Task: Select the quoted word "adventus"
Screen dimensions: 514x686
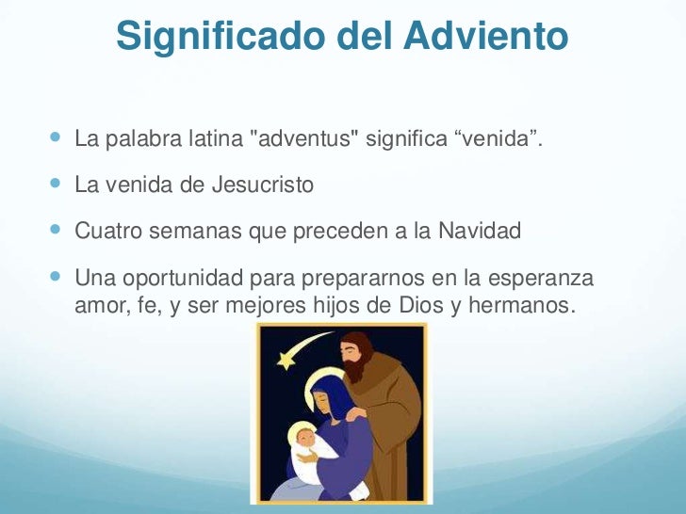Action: [x=311, y=141]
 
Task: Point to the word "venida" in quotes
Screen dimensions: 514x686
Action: [x=499, y=141]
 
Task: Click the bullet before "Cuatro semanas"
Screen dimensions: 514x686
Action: [x=53, y=230]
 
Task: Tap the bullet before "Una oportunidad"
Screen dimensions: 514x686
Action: [x=53, y=280]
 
